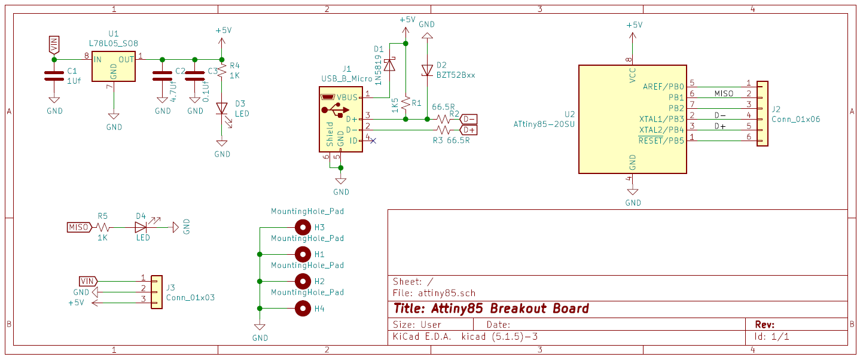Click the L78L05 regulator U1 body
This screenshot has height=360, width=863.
click(114, 65)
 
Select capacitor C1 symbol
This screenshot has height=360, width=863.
click(54, 76)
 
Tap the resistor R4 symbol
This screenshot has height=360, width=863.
click(222, 70)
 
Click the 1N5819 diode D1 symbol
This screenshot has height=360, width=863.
click(389, 65)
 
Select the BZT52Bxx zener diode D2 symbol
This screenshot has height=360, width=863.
click(427, 70)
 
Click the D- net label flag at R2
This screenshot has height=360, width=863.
click(468, 119)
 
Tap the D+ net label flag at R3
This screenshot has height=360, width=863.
click(468, 130)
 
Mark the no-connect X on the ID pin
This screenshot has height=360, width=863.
click(373, 141)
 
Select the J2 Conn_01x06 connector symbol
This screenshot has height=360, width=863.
click(763, 114)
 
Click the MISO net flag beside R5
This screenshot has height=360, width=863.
click(79, 227)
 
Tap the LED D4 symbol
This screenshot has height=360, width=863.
click(141, 227)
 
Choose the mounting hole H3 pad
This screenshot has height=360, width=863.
click(303, 227)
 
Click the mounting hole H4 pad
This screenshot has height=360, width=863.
click(303, 309)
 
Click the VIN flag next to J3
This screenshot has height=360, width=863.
click(88, 281)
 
